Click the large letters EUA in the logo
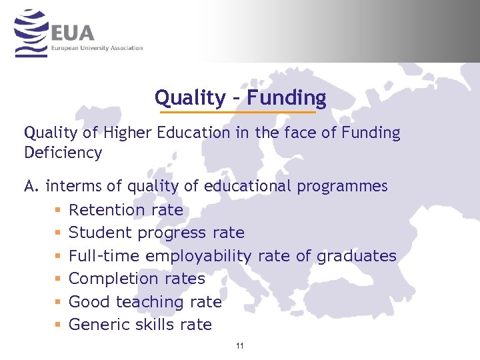coord(72,32)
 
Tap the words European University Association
coord(97,48)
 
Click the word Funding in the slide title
coord(287,98)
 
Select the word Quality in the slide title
coord(190,98)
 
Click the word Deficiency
coord(63,153)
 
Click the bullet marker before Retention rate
coord(57,210)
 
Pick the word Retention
coord(107,210)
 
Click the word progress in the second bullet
coord(173,233)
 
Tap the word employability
coord(198,256)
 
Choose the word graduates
coord(356,256)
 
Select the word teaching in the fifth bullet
coord(149,302)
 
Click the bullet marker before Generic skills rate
coord(57,325)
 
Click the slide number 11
coord(240,346)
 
